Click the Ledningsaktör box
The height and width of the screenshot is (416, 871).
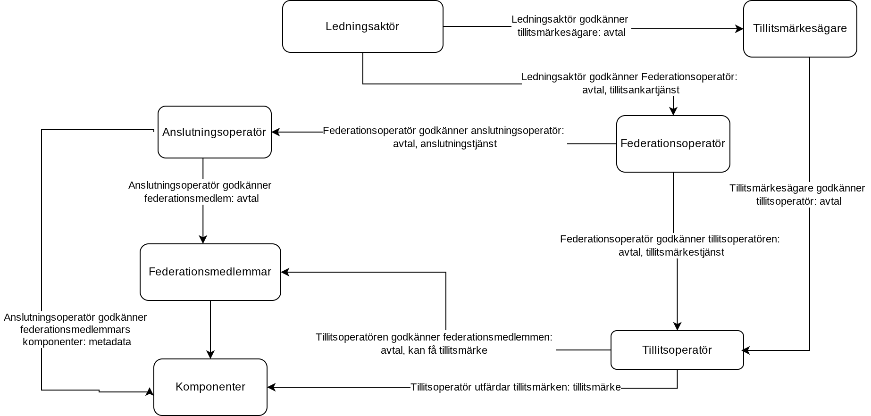[x=362, y=26]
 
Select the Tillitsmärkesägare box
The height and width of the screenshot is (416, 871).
[x=800, y=29]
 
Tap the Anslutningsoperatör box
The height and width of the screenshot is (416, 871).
[x=214, y=132]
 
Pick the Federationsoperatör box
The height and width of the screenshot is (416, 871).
[x=673, y=144]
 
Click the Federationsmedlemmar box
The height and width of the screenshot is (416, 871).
[x=210, y=272]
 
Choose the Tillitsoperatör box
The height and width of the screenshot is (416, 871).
[x=677, y=350]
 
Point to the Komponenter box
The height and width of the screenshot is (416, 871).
[x=210, y=387]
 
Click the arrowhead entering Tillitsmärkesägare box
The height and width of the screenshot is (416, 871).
[x=739, y=29]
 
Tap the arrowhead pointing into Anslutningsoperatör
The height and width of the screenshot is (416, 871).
[x=276, y=132]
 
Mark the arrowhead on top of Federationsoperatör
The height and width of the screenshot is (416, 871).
[x=673, y=111]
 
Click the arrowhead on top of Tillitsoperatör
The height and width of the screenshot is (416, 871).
[x=677, y=326]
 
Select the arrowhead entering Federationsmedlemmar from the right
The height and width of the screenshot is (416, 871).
[x=285, y=272]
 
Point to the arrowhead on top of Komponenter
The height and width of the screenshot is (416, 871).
[x=210, y=355]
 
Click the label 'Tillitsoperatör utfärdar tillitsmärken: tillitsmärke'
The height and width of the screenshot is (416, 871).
[x=516, y=387]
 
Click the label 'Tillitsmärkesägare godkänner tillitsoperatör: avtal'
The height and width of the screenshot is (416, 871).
[x=797, y=195]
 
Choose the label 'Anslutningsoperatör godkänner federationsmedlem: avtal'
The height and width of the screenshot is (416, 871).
[x=200, y=192]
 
